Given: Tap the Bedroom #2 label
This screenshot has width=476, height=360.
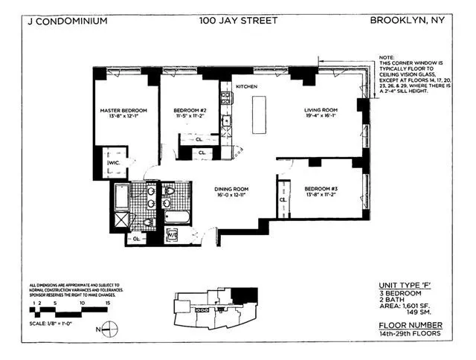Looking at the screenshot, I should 183,112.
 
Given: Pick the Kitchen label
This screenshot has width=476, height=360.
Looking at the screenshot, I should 246,86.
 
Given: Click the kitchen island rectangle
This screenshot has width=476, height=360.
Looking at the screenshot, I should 260,116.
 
